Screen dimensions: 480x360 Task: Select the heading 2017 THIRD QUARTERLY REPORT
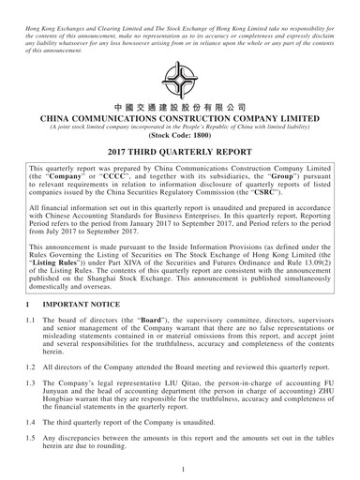(179, 152)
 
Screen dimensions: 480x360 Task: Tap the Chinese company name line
(179, 109)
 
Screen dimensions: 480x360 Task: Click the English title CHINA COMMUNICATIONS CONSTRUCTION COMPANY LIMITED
(179, 122)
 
